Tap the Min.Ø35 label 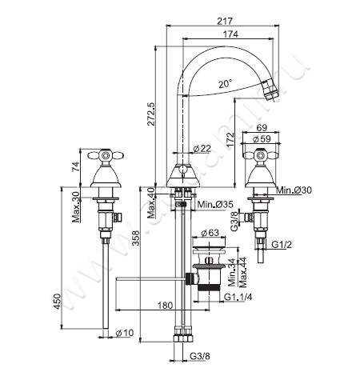[214, 205]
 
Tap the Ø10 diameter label [124, 333]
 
